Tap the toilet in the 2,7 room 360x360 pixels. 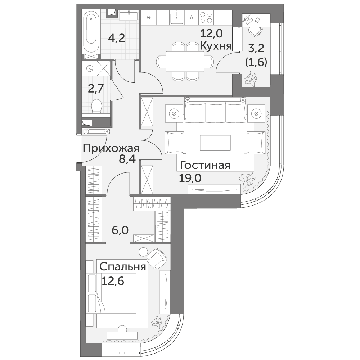pyautogui.click(x=96, y=106)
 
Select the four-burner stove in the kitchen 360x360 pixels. pyautogui.click(x=206, y=17)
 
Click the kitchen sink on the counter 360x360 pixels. pyautogui.click(x=177, y=17)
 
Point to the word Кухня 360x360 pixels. pyautogui.click(x=216, y=46)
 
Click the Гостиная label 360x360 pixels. pyautogui.click(x=205, y=165)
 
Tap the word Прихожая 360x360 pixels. pyautogui.click(x=111, y=149)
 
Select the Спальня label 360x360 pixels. pyautogui.click(x=123, y=267)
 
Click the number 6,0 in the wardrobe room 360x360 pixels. pyautogui.click(x=120, y=230)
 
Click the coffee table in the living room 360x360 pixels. pyautogui.click(x=215, y=143)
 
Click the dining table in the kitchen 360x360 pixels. pyautogui.click(x=185, y=62)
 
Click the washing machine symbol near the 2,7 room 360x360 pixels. pyautogui.click(x=90, y=68)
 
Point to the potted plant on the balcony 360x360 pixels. pyautogui.click(x=250, y=79)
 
